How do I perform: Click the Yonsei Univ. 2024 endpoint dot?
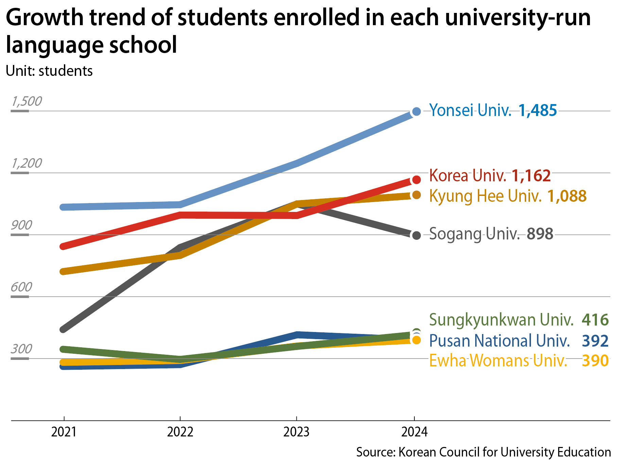pos(416,111)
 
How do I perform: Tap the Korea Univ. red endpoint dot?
pos(416,180)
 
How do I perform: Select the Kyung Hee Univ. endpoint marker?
pos(416,195)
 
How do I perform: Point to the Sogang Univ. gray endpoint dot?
pos(416,235)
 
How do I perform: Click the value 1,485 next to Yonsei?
pos(538,110)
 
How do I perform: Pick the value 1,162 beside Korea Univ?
pos(531,176)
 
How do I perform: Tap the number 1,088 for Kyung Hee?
pos(567,196)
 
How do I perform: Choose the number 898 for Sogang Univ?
pos(540,234)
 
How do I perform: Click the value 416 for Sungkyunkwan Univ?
pos(595,320)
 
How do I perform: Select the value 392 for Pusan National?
pos(595,341)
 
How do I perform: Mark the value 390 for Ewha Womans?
pos(595,361)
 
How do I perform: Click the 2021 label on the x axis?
pos(64,432)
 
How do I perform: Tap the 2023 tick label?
pos(296,432)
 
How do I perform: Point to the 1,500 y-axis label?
pos(27,101)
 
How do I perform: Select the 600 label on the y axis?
pos(21,287)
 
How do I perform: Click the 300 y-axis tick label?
pos(21,349)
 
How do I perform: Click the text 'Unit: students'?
pos(49,71)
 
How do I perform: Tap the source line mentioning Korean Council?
pos(483,452)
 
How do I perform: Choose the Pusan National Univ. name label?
pos(499,341)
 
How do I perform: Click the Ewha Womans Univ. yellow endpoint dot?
pos(416,340)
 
